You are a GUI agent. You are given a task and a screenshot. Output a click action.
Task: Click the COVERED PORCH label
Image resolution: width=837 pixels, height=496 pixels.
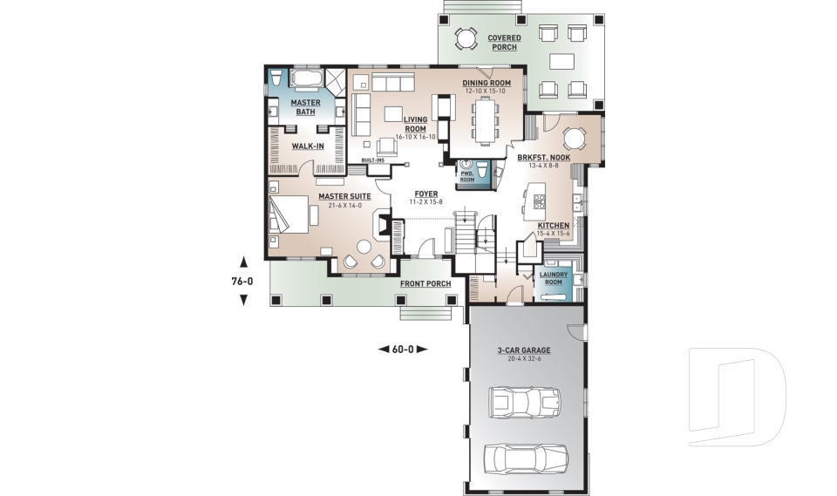(x=504, y=42)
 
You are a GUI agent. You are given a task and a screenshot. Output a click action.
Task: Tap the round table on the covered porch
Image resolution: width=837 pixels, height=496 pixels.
(x=466, y=38)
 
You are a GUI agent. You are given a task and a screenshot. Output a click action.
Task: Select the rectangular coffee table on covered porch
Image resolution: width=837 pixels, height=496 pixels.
(x=563, y=61)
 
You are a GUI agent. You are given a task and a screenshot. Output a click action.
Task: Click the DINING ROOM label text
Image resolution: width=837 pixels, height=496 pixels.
(x=487, y=82)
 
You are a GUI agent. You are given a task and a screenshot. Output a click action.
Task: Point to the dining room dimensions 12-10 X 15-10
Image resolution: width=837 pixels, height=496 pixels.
(x=487, y=91)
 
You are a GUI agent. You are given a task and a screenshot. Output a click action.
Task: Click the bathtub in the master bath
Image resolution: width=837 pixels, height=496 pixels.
(x=305, y=80)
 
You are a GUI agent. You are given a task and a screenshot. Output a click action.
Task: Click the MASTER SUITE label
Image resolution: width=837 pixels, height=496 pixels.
(x=344, y=196)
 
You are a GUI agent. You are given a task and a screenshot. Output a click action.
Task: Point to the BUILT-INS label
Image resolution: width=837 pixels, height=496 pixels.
(x=373, y=160)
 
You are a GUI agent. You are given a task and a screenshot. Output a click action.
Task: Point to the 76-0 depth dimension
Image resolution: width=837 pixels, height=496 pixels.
(x=243, y=281)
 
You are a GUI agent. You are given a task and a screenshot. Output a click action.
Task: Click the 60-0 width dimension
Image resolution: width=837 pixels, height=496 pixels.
(x=404, y=349)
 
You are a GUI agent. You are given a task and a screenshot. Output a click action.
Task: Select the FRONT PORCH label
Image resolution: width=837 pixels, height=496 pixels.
(x=425, y=284)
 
